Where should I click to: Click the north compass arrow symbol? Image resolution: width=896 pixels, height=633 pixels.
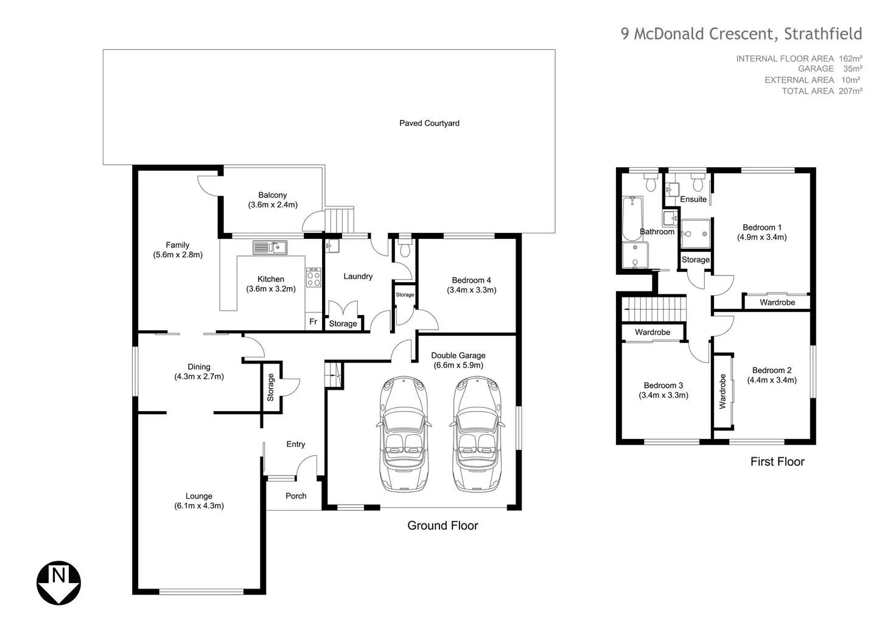coord(59,583)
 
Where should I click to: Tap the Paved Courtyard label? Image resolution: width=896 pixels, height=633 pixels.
coord(429,123)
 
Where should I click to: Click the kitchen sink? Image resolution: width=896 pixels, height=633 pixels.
coord(270,247)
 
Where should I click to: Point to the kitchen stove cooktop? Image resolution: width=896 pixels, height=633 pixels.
coord(313,278)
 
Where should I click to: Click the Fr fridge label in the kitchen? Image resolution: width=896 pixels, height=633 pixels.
coord(313,322)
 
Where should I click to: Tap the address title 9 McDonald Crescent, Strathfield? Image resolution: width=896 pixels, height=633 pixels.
coord(741,33)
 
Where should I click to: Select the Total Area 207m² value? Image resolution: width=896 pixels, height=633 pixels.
coord(852,91)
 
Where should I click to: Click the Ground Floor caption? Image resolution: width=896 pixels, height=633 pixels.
coord(443,526)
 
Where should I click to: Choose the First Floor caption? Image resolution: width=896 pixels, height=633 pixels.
coord(777,462)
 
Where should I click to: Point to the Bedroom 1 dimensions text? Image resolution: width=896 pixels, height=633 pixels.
coord(761,237)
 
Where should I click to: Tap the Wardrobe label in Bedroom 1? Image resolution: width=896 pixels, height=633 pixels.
coord(777,302)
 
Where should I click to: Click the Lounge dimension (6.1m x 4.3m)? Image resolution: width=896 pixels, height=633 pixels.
coord(198,506)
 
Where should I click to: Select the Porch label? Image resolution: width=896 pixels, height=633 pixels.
coord(296,496)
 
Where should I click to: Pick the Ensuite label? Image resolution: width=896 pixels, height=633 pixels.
coord(693,199)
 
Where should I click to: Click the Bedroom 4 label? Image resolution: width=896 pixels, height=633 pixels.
coord(471,280)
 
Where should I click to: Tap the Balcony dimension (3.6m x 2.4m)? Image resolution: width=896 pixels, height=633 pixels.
coord(272,205)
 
